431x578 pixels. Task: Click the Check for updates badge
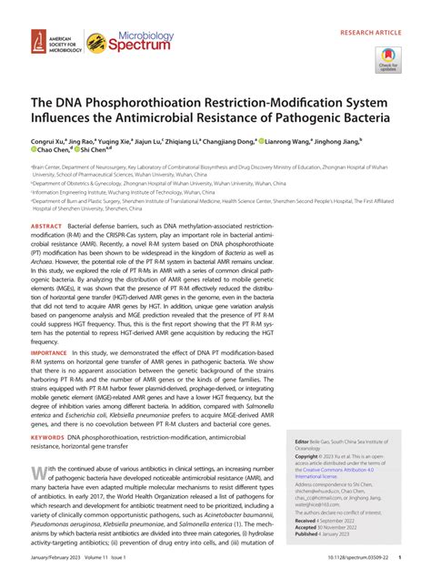pos(386,59)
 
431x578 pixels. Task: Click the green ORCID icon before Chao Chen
pos(35,154)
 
